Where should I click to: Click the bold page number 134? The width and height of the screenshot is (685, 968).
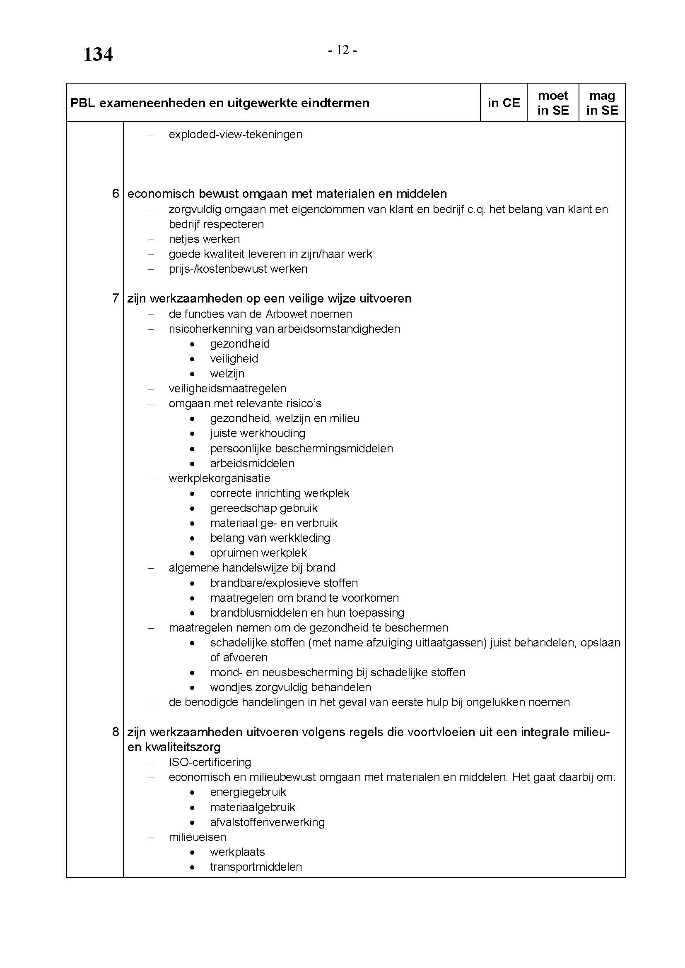98,55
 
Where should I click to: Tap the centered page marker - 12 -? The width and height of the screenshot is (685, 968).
342,50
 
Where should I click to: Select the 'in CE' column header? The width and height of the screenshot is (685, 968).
504,103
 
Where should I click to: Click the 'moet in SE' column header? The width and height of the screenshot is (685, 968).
552,103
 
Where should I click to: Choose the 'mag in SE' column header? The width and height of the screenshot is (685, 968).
602,103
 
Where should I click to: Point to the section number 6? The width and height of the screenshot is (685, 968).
116,194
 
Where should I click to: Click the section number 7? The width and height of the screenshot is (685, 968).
116,298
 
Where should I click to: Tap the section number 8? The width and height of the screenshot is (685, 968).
116,732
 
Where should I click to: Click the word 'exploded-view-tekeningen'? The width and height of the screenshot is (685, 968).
235,135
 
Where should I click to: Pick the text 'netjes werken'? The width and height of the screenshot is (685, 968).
204,239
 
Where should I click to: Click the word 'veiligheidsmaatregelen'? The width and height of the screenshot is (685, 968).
227,388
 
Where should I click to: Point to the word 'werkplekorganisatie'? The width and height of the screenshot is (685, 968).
219,478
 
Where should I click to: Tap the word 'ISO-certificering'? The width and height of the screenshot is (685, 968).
210,762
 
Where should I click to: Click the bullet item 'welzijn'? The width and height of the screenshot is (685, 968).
227,374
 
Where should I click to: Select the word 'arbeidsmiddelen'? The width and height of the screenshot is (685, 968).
252,464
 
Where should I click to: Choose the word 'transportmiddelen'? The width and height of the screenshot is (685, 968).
256,867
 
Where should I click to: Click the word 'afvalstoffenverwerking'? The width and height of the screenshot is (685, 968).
268,822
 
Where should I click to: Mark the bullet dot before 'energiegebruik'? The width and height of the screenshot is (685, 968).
192,793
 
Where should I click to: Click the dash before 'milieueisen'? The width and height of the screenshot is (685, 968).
151,837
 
